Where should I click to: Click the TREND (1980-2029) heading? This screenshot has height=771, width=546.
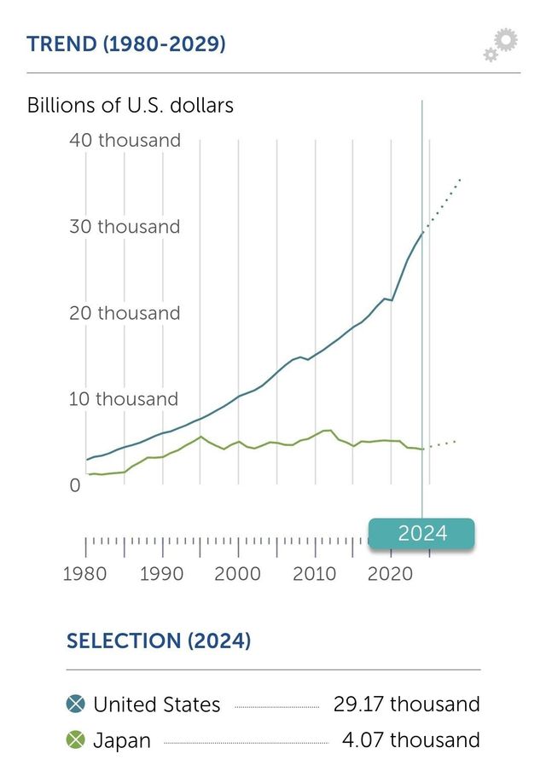click(126, 44)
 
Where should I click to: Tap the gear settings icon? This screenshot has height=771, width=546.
click(501, 44)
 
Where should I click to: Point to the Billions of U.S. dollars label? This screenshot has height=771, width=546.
click(131, 106)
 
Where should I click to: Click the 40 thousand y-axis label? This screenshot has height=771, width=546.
click(125, 140)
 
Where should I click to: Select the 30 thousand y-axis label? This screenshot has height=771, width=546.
click(125, 227)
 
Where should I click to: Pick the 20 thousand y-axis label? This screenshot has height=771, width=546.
click(125, 313)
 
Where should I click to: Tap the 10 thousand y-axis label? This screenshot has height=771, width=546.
click(125, 399)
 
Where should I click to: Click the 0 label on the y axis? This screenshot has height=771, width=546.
click(74, 485)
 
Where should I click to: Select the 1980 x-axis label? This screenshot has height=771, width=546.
click(85, 573)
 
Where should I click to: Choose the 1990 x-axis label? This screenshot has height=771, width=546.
click(161, 573)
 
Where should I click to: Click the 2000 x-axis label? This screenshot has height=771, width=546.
click(238, 573)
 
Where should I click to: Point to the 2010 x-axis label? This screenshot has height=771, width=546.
click(315, 573)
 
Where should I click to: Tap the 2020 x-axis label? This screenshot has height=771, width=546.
click(391, 573)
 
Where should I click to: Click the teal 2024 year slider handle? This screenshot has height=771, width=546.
click(421, 533)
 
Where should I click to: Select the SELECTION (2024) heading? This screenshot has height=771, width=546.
click(159, 641)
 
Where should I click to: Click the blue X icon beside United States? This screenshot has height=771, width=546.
click(76, 704)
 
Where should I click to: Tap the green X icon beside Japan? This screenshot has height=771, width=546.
click(76, 739)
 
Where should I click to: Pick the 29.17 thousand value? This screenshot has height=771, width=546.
click(407, 704)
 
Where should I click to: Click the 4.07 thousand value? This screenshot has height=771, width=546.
click(410, 739)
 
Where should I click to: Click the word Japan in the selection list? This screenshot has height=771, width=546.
click(122, 740)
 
